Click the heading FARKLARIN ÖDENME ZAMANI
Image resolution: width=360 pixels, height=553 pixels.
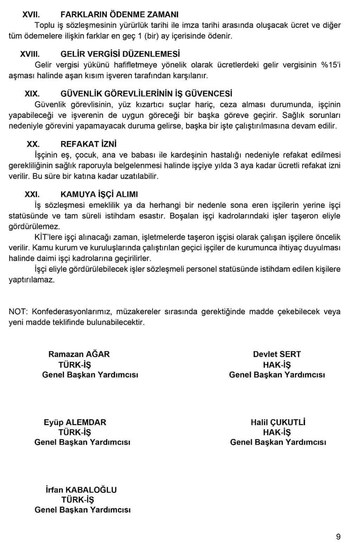(119, 15)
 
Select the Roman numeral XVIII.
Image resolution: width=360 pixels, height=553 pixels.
(30, 54)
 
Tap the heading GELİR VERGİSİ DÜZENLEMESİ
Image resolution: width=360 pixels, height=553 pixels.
(120, 54)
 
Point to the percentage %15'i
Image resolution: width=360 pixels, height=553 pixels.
(331, 65)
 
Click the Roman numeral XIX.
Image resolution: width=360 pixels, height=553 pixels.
(32, 94)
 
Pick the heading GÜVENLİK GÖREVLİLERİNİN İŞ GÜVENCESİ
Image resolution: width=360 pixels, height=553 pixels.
(146, 94)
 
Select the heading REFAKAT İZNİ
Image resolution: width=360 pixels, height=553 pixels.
(88, 144)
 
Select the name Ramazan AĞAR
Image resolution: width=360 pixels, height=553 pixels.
(79, 354)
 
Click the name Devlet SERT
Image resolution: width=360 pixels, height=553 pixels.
(277, 354)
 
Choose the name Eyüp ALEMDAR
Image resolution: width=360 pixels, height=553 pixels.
(75, 422)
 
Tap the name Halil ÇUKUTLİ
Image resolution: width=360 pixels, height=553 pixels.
(278, 422)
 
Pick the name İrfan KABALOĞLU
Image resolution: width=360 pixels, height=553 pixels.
(81, 490)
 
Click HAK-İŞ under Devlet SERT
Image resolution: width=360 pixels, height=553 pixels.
(277, 365)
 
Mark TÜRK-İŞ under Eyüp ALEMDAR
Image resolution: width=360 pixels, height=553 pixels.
(75, 432)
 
